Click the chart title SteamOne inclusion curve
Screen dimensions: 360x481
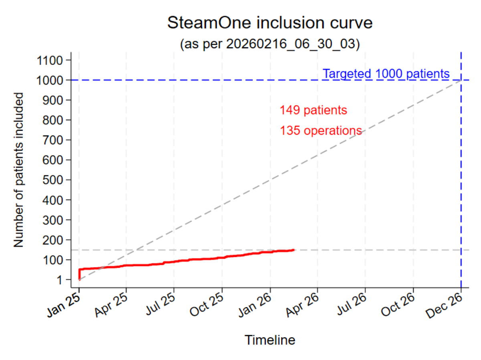click(269, 23)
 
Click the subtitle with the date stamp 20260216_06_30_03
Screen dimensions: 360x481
click(269, 44)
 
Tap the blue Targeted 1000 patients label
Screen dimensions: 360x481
click(386, 74)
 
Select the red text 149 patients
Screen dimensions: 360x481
click(313, 110)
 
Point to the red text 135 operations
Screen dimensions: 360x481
click(321, 131)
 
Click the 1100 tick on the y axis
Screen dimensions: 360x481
click(50, 61)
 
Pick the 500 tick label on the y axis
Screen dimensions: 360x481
click(53, 180)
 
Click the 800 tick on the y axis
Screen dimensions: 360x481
click(53, 120)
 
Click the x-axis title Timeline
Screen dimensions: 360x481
click(270, 340)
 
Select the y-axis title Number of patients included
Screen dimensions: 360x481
click(19, 170)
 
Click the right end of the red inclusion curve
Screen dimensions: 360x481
click(294, 250)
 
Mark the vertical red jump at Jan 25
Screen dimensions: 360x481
click(79, 273)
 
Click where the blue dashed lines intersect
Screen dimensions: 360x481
click(461, 80)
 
